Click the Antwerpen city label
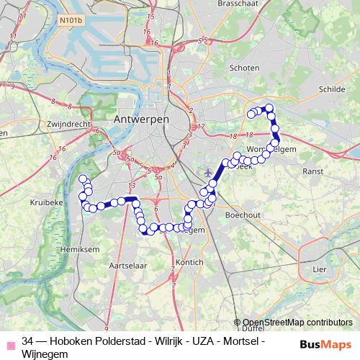pos(141,118)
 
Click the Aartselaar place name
pos(123,266)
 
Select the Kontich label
pos(189,263)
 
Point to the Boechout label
pos(242,215)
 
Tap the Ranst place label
pos(313,171)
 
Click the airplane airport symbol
pos(209,172)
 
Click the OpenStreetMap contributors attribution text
pos(297,323)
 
